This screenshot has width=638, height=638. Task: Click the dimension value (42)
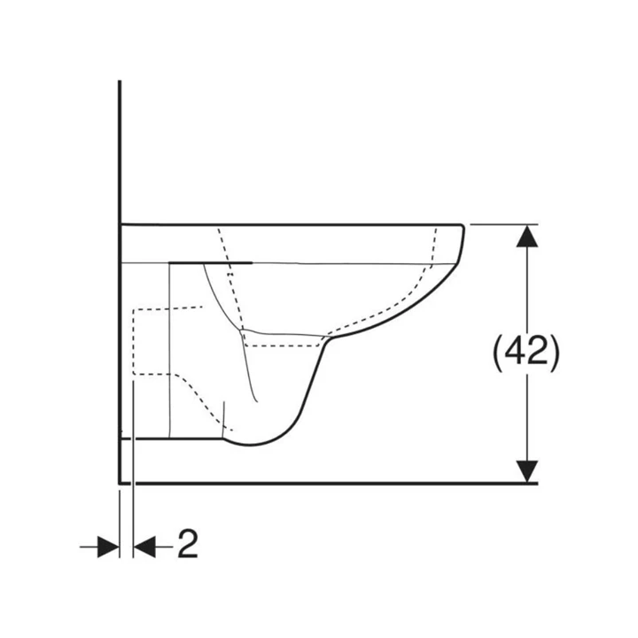(x=526, y=353)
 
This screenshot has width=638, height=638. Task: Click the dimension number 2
(x=188, y=543)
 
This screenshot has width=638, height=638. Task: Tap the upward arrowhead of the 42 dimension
(x=527, y=236)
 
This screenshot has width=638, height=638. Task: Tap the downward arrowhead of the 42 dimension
(x=527, y=471)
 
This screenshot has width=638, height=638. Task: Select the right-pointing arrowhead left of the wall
(x=108, y=547)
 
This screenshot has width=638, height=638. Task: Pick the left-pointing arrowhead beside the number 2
(x=144, y=547)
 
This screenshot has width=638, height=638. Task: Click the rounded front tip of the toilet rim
(x=462, y=229)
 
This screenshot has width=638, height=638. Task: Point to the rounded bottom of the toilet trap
(x=250, y=444)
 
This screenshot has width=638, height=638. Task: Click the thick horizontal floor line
(x=328, y=484)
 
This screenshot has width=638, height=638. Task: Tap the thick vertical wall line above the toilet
(x=120, y=152)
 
